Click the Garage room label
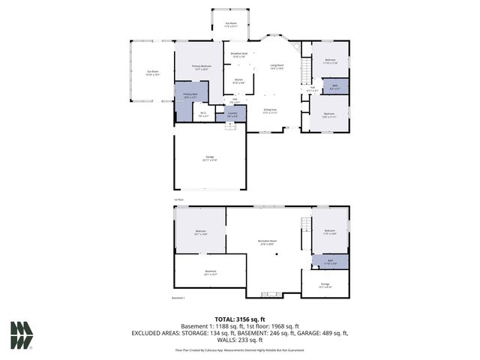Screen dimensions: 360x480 (x=210, y=157)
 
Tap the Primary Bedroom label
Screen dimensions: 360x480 (x=200, y=67)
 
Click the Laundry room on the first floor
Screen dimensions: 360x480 (x=232, y=114)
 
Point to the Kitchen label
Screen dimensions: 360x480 (x=238, y=80)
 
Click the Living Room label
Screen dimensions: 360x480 (x=277, y=67)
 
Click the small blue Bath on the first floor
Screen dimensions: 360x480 (x=335, y=86)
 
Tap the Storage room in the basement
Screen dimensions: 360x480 (x=325, y=285)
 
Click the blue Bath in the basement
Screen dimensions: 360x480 (x=330, y=262)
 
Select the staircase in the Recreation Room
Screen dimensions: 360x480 (x=305, y=225)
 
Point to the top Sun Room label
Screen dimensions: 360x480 (x=232, y=24)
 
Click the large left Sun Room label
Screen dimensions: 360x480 (x=152, y=73)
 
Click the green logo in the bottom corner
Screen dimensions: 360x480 (x=22, y=334)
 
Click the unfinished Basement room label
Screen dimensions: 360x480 (x=210, y=272)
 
